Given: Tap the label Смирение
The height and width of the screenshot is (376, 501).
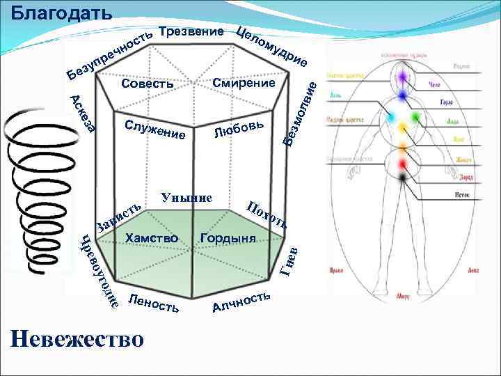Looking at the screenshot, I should click(x=244, y=84).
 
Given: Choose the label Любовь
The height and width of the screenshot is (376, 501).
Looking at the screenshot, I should click(x=239, y=129).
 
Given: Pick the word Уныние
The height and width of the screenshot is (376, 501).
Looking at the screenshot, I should click(x=186, y=197).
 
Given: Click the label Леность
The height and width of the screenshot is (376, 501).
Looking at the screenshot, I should click(x=154, y=303).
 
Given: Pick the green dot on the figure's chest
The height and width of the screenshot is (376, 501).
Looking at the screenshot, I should click(x=416, y=118).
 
